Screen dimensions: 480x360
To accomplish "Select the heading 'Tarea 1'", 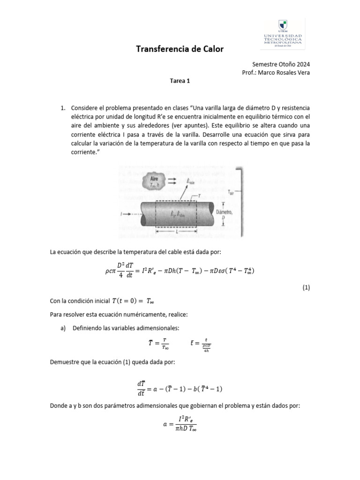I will (x=180, y=81).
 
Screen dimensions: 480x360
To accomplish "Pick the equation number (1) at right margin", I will (x=306, y=287).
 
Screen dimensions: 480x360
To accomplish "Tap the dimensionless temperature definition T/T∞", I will (x=156, y=344).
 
